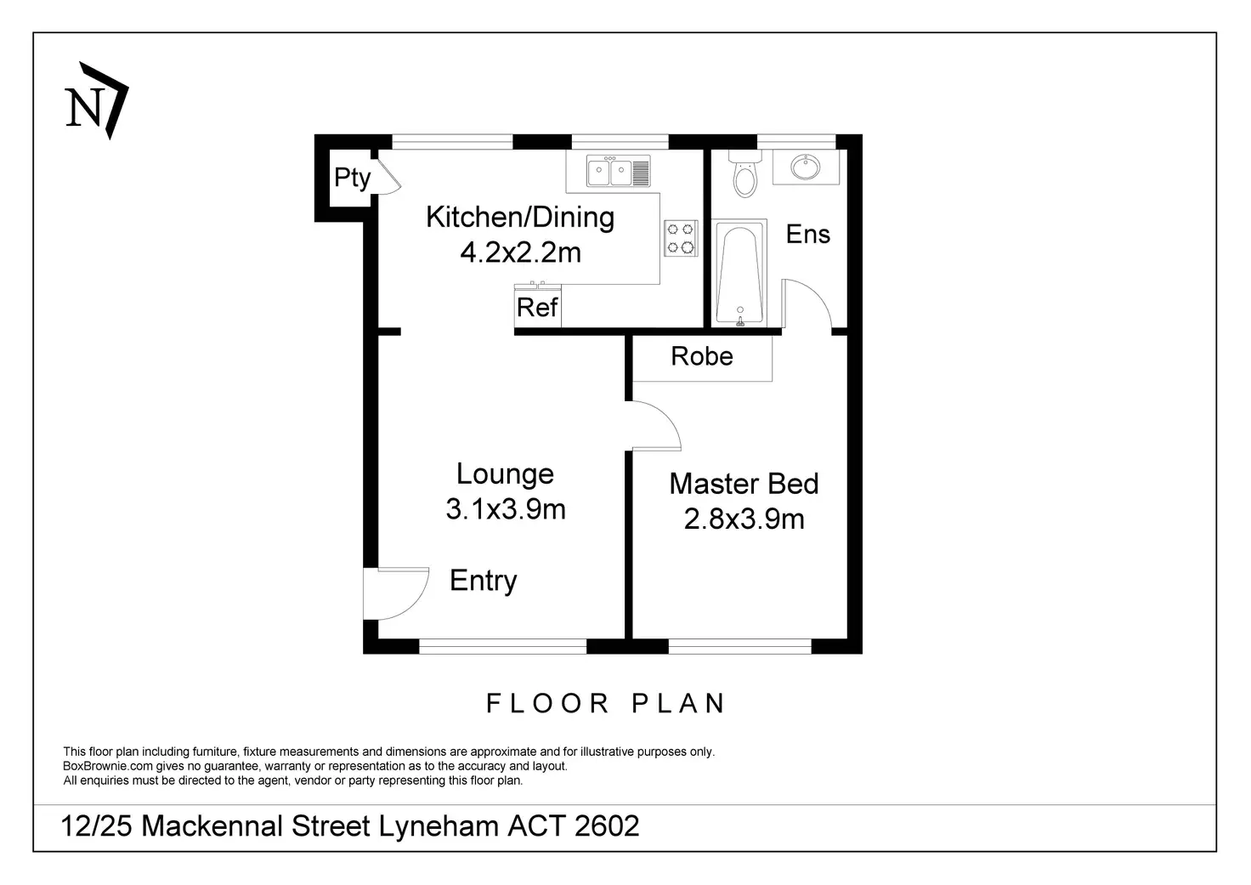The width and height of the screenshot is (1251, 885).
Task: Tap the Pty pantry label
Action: point(352,178)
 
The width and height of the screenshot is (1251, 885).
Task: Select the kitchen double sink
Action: point(618,172)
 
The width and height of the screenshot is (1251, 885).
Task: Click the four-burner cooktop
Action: point(680,237)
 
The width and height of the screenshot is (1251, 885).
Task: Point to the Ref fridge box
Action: point(537,308)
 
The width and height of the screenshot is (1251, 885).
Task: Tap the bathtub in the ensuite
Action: point(739,273)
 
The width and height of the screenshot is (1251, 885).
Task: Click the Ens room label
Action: point(807,234)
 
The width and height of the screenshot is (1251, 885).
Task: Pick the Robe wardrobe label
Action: point(701,356)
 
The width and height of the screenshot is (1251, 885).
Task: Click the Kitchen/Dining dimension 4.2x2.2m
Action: point(520,252)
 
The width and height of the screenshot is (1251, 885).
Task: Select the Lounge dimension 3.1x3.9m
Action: point(506,509)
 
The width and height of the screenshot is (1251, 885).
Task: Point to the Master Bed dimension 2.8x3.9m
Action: point(744,519)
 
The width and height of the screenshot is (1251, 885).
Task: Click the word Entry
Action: point(483,581)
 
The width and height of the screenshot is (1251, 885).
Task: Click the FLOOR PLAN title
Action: point(606,704)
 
